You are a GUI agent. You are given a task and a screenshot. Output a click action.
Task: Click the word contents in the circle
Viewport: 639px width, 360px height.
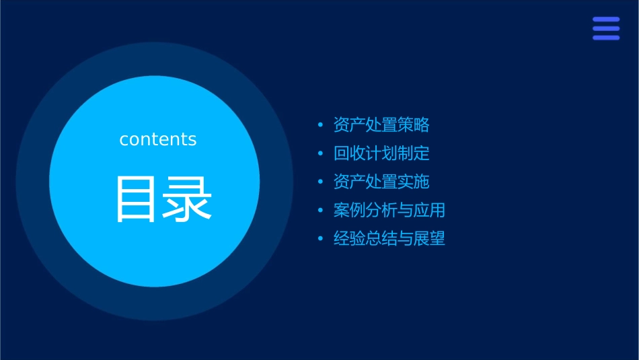tap(158, 139)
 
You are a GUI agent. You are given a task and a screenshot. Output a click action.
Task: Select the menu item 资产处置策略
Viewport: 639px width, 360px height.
tap(381, 125)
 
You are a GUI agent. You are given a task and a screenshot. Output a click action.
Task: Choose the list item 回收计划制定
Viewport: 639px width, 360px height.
tap(381, 153)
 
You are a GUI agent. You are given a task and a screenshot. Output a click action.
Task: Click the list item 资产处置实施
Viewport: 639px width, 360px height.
tap(381, 182)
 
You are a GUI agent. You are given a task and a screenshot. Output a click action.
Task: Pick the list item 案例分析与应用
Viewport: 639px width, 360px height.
tap(389, 210)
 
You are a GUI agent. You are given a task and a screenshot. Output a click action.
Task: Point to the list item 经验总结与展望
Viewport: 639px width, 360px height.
tap(389, 238)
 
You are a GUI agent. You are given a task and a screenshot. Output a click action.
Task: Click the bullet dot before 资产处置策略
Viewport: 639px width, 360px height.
tap(320, 125)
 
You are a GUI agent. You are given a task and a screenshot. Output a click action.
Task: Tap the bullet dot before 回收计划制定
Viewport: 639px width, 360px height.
tap(320, 153)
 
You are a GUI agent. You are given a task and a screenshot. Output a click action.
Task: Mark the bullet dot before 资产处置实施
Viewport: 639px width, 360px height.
tap(320, 182)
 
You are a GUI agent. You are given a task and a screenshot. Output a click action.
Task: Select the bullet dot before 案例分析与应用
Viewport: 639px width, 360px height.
tap(320, 211)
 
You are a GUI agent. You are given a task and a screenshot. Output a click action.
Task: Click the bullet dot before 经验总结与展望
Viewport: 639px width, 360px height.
tap(320, 239)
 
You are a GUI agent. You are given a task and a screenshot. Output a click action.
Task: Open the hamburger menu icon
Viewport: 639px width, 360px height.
tap(606, 28)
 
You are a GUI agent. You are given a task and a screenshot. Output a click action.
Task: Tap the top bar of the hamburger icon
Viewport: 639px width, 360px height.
tap(606, 20)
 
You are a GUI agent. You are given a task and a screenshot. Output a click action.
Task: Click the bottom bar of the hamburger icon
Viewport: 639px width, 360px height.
tap(606, 38)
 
